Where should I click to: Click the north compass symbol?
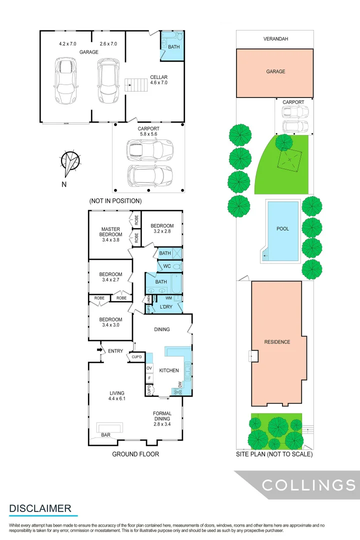point(70,161)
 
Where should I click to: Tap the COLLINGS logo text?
point(309,485)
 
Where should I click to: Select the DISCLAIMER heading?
point(40,508)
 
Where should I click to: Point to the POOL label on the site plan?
point(282,229)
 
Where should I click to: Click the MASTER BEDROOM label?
point(110,234)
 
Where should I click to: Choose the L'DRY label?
point(166,306)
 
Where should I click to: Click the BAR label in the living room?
point(106,435)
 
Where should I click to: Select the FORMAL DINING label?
point(162,416)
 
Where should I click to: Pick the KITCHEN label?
point(169,370)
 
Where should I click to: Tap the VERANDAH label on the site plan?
point(275,38)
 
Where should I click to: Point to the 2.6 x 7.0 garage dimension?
point(108,44)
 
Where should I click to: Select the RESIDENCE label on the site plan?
point(277,342)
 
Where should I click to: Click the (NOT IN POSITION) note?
point(115,201)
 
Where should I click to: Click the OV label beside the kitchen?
point(149,368)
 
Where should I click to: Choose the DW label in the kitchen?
point(180,384)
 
